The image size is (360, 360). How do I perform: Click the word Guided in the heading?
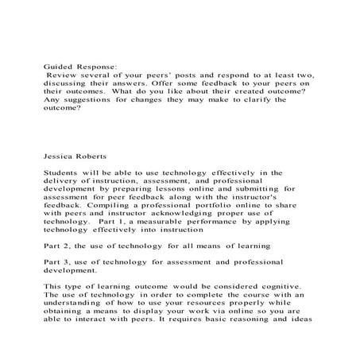57,69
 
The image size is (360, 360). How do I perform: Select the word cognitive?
262,286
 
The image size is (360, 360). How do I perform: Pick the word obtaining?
68,313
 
